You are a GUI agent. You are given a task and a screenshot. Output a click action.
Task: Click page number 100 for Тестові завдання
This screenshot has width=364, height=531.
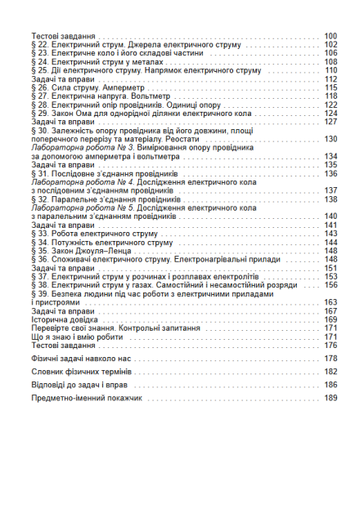click(330, 37)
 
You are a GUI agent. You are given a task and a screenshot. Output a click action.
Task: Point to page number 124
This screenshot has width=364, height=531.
click(330, 113)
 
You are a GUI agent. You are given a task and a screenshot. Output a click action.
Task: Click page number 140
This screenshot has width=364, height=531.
click(330, 216)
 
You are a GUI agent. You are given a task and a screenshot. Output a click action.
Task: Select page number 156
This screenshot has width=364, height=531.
click(330, 284)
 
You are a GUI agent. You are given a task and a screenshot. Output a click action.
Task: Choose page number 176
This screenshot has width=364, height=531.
click(330, 345)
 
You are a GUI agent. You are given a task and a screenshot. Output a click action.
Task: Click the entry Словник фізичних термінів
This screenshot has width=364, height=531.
click(86, 371)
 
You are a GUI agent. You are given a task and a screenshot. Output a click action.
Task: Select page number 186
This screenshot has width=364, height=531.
click(330, 384)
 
